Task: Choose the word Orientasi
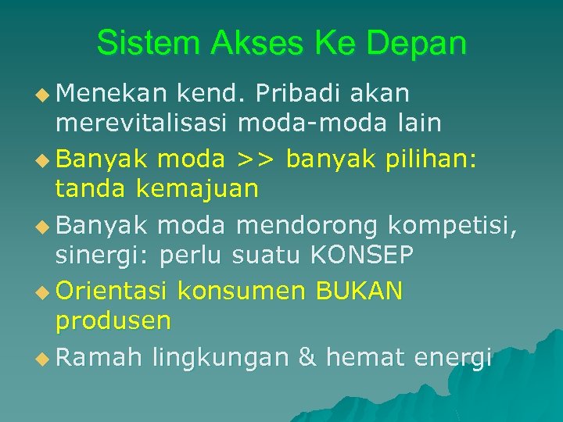(112, 291)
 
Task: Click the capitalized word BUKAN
(359, 291)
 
